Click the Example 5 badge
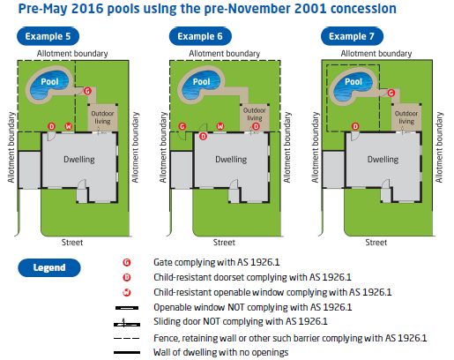48,36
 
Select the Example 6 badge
200,36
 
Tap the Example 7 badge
352,36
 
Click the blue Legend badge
49,267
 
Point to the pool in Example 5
49,83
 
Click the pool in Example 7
353,83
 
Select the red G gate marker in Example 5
87,91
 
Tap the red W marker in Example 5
69,126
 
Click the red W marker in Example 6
220,126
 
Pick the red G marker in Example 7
391,93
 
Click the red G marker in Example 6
182,126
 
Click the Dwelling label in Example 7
383,160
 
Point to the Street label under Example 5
72,243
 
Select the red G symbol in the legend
127,262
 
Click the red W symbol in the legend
127,292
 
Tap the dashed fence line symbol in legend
127,338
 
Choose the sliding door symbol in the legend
127,324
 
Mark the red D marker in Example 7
355,126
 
